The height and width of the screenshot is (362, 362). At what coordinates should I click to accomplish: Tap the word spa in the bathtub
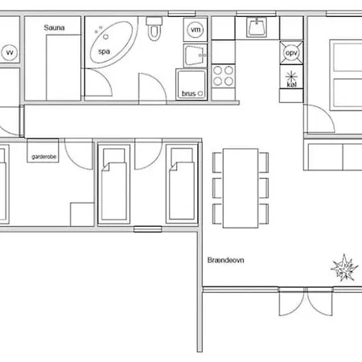(104, 51)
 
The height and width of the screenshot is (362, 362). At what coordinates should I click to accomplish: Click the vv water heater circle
(10, 52)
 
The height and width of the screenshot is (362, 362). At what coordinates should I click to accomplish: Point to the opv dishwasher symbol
(290, 53)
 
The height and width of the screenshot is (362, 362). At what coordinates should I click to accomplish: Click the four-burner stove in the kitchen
(223, 77)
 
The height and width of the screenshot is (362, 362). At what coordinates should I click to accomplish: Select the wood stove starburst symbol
(344, 266)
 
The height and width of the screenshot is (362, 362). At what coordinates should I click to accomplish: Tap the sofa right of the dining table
(332, 154)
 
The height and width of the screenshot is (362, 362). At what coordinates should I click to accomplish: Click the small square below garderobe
(81, 214)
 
